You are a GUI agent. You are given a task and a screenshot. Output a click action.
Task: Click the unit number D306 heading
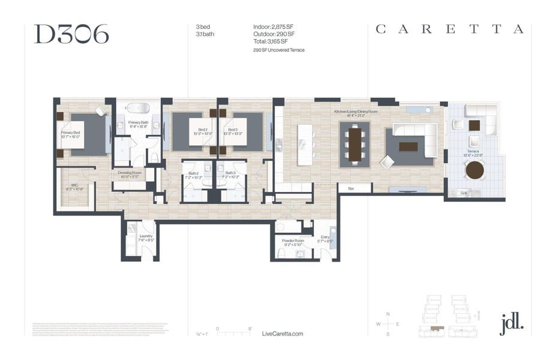[71, 34]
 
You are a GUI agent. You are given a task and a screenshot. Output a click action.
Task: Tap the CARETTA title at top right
[449, 29]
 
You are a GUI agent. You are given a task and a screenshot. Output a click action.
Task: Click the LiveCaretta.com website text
[283, 334]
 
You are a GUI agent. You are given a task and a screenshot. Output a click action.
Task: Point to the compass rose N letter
[388, 314]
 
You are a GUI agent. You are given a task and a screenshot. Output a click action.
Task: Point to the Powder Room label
[293, 242]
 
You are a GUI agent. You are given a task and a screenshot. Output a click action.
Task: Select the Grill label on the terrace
[464, 193]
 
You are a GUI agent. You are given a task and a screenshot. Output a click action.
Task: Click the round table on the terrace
[474, 170]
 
